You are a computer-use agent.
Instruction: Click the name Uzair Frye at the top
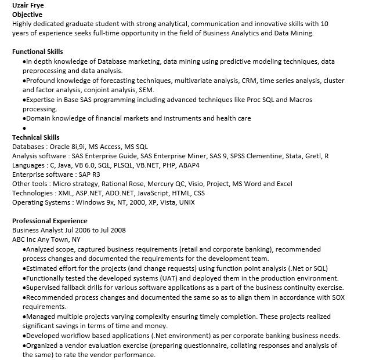click(x=28, y=5)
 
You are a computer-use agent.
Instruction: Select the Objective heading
click(x=27, y=14)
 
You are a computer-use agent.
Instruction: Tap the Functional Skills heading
click(x=38, y=52)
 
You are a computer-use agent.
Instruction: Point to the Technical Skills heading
click(x=36, y=137)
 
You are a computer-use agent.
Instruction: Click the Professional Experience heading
click(x=50, y=221)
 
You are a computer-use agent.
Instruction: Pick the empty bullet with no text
click(x=24, y=128)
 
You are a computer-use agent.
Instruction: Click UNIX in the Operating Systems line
click(x=187, y=202)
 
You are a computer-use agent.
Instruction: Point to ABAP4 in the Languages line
click(x=189, y=165)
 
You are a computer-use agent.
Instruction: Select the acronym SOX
click(x=338, y=297)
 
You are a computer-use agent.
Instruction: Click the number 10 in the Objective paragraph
click(x=324, y=24)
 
